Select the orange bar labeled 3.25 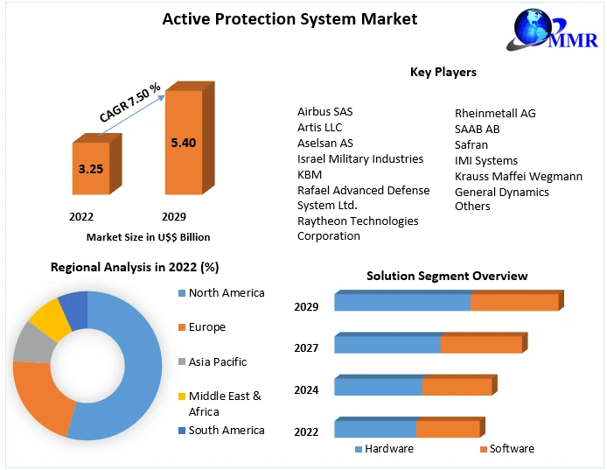click(x=90, y=168)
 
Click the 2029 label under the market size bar click(x=174, y=216)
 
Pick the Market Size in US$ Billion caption click(x=148, y=236)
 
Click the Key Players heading click(x=443, y=72)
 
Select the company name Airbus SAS click(x=325, y=112)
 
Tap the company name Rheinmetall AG click(x=495, y=113)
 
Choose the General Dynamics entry click(x=502, y=192)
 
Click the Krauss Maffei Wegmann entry click(x=519, y=176)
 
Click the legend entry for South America click(x=226, y=430)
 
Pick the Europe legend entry click(x=206, y=327)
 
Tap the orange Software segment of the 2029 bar click(x=514, y=302)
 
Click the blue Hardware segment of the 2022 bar click(x=374, y=429)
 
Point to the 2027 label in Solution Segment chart click(x=306, y=348)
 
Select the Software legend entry click(x=511, y=448)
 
